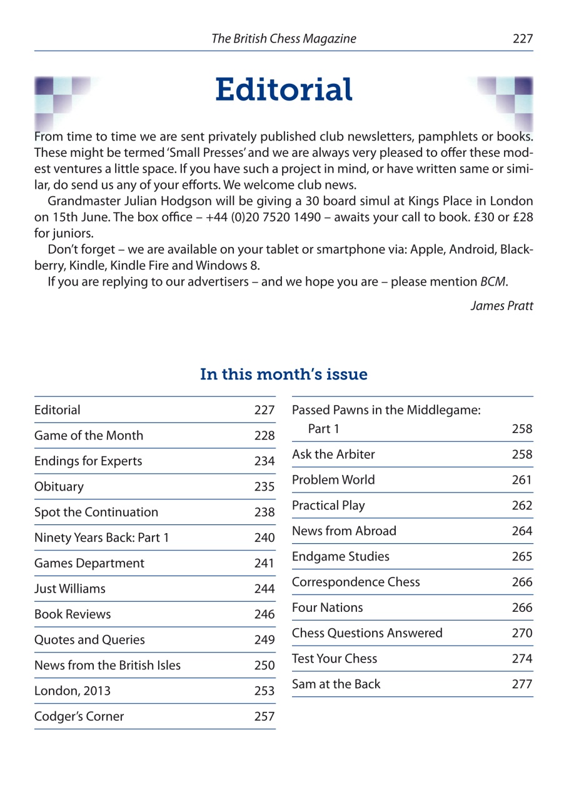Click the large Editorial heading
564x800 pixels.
pyautogui.click(x=283, y=90)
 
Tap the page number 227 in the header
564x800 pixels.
pyautogui.click(x=522, y=39)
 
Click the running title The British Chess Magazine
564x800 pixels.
pyautogui.click(x=283, y=39)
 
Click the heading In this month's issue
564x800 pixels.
pyautogui.click(x=283, y=374)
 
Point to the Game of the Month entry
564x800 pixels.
pyautogui.click(x=89, y=436)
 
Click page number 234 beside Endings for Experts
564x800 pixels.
pyautogui.click(x=264, y=462)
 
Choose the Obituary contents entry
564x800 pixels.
pyautogui.click(x=59, y=487)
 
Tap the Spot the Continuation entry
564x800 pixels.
pyautogui.click(x=96, y=512)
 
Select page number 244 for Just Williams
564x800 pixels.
pyautogui.click(x=264, y=589)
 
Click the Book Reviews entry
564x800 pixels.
pyautogui.click(x=73, y=614)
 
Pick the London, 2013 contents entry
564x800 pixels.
pyautogui.click(x=73, y=691)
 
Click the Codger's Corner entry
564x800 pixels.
pyautogui.click(x=79, y=717)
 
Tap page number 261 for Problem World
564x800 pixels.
pyautogui.click(x=522, y=481)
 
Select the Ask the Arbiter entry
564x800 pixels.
pyautogui.click(x=333, y=454)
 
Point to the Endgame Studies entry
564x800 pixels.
pyautogui.click(x=340, y=556)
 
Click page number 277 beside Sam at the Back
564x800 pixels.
pyautogui.click(x=522, y=684)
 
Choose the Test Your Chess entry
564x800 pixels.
pyautogui.click(x=335, y=659)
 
